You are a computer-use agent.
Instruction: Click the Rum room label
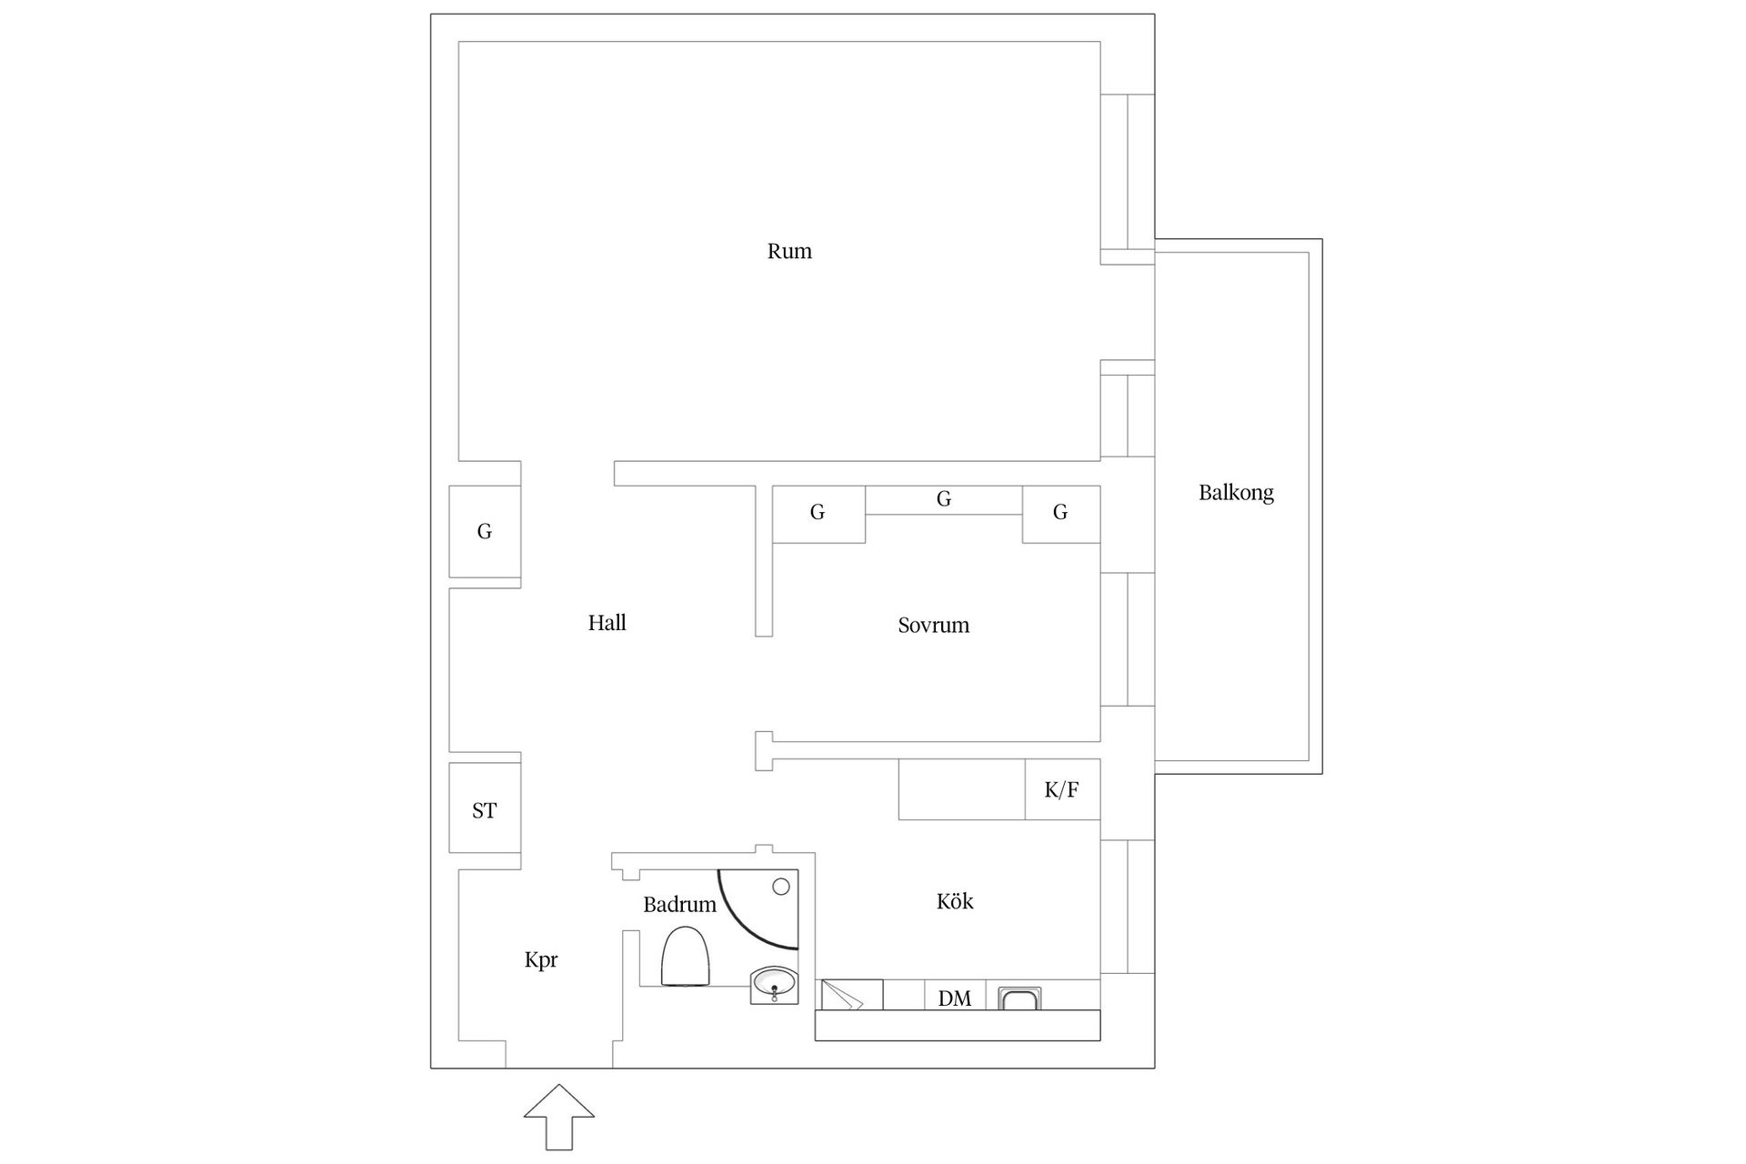pyautogui.click(x=789, y=251)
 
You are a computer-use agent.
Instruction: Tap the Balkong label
pyautogui.click(x=1236, y=493)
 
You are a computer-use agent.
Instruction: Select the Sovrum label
pyautogui.click(x=933, y=625)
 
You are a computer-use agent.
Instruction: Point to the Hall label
pyautogui.click(x=607, y=623)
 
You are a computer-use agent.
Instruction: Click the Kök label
pyautogui.click(x=955, y=901)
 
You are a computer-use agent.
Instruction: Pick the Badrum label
pyautogui.click(x=679, y=905)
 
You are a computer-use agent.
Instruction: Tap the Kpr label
pyautogui.click(x=541, y=960)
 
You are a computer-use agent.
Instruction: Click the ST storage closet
pyautogui.click(x=485, y=808)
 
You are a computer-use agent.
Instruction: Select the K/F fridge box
pyautogui.click(x=1062, y=789)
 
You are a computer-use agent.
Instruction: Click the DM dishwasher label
pyautogui.click(x=955, y=998)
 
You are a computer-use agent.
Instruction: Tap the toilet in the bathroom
pyautogui.click(x=685, y=956)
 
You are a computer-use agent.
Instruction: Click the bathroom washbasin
pyautogui.click(x=774, y=985)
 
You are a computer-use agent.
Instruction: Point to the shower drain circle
pyautogui.click(x=781, y=887)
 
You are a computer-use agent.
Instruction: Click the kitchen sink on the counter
pyautogui.click(x=1020, y=998)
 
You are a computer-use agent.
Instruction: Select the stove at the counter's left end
pyautogui.click(x=852, y=994)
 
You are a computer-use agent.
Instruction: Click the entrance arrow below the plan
pyautogui.click(x=559, y=1118)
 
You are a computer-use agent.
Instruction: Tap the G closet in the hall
pyautogui.click(x=485, y=532)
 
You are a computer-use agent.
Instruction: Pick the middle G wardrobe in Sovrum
pyautogui.click(x=944, y=499)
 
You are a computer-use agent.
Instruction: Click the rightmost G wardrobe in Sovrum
pyautogui.click(x=1061, y=514)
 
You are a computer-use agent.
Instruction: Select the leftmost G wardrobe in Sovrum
pyautogui.click(x=818, y=514)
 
